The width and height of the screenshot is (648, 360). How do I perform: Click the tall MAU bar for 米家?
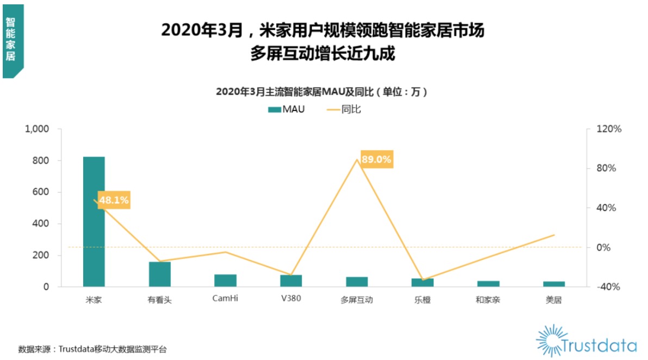click(94, 221)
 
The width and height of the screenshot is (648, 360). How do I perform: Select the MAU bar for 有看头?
click(160, 274)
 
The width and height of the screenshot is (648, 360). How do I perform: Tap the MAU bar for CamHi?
click(225, 281)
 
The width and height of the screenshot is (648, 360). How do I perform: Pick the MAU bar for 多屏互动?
click(357, 282)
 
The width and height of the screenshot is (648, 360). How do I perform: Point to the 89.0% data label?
click(376, 159)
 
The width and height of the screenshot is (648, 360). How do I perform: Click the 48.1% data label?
click(114, 200)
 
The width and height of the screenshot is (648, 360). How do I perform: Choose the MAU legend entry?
click(286, 109)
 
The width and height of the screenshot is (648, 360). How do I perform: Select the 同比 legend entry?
click(344, 109)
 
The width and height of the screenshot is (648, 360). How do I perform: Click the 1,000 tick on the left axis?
click(37, 129)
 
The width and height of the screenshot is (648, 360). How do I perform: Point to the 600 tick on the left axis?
click(40, 192)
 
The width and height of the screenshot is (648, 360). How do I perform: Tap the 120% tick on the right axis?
click(609, 129)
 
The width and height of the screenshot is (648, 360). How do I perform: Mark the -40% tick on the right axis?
click(609, 287)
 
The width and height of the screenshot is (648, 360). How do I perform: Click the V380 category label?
click(291, 299)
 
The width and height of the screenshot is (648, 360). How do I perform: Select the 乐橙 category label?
click(422, 299)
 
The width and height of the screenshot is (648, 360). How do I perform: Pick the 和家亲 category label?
click(488, 299)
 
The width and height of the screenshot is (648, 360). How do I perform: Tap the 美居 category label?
click(553, 299)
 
